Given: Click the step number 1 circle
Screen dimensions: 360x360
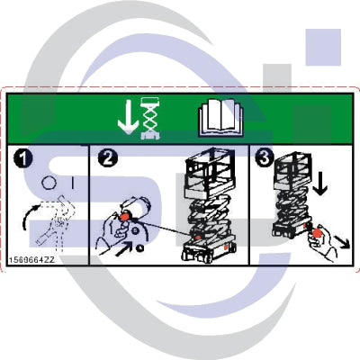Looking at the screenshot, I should coord(22,158).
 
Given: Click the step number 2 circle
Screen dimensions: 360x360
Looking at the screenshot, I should coord(107,158).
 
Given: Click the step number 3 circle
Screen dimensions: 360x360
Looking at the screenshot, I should coord(262,158).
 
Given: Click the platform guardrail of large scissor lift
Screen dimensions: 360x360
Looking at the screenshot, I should coord(209,175).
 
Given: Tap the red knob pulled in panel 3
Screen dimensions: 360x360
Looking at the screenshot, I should coord(317,238).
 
